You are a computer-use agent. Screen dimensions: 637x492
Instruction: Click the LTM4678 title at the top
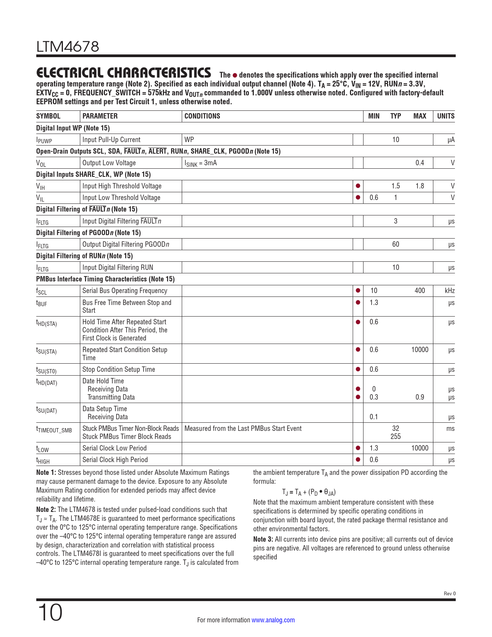pos(68,47)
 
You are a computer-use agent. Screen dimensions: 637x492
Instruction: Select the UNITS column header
pos(445,116)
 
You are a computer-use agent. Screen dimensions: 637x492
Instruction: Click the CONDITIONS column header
pos(202,116)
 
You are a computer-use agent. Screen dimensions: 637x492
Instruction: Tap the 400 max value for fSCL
pos(419,291)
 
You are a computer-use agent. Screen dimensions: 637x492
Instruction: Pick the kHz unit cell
pos(450,291)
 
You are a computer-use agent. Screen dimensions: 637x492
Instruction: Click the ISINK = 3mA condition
pos(201,163)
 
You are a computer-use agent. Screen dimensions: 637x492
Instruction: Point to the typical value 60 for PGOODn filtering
pos(396,244)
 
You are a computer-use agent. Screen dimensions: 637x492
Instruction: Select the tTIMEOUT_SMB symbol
pos(54,430)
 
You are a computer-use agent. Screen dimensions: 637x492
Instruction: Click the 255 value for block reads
pos(396,437)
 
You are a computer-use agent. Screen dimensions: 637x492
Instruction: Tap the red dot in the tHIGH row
pos(358,459)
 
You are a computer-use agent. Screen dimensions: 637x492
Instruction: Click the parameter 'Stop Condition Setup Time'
pos(119,369)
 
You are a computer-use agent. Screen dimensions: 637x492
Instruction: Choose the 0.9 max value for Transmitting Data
pos(419,397)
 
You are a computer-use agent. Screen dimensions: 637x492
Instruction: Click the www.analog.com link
pos(273,620)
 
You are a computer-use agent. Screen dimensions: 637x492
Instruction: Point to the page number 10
pos(50,613)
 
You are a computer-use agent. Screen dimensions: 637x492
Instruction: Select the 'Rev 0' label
pos(450,594)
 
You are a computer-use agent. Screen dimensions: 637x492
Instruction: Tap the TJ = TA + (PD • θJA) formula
pos(309,492)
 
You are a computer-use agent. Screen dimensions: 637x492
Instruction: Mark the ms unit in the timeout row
pos(450,429)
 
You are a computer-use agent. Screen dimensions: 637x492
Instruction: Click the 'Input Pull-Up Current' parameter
pos(112,140)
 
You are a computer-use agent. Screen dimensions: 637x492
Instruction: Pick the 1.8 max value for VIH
pos(419,186)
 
